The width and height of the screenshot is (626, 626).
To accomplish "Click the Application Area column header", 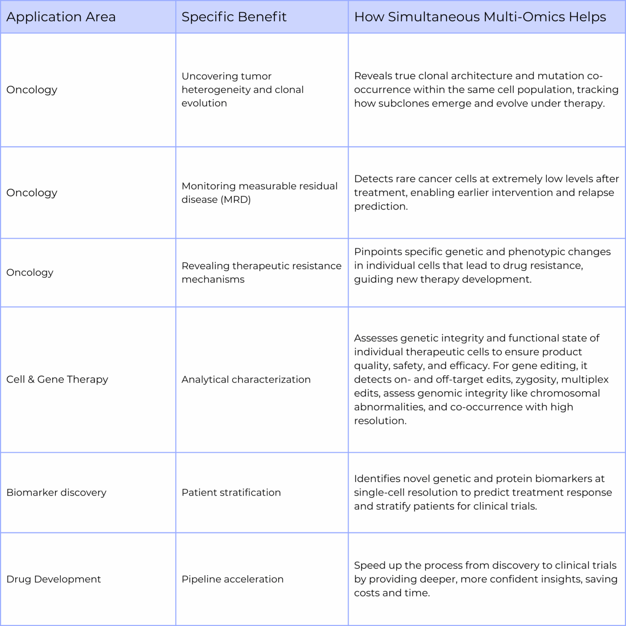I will [x=61, y=17].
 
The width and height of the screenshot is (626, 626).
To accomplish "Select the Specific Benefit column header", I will [x=234, y=17].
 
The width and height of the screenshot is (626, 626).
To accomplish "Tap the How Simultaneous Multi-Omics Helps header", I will [x=480, y=17].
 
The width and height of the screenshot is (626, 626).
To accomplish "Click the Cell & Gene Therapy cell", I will [x=57, y=380].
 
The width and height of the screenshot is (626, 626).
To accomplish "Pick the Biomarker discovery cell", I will [x=56, y=493].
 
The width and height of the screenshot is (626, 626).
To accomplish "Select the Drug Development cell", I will [x=53, y=579].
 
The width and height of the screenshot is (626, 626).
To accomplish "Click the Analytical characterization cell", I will [x=246, y=380].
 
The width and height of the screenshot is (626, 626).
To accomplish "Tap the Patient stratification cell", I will [x=231, y=493].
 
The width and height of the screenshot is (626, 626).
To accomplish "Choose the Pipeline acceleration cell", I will [x=232, y=579].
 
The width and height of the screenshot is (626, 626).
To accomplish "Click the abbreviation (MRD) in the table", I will [x=237, y=200].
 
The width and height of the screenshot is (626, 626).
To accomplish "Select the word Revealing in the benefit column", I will [x=205, y=266].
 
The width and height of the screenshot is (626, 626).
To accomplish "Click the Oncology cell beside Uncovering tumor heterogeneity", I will [x=32, y=90].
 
